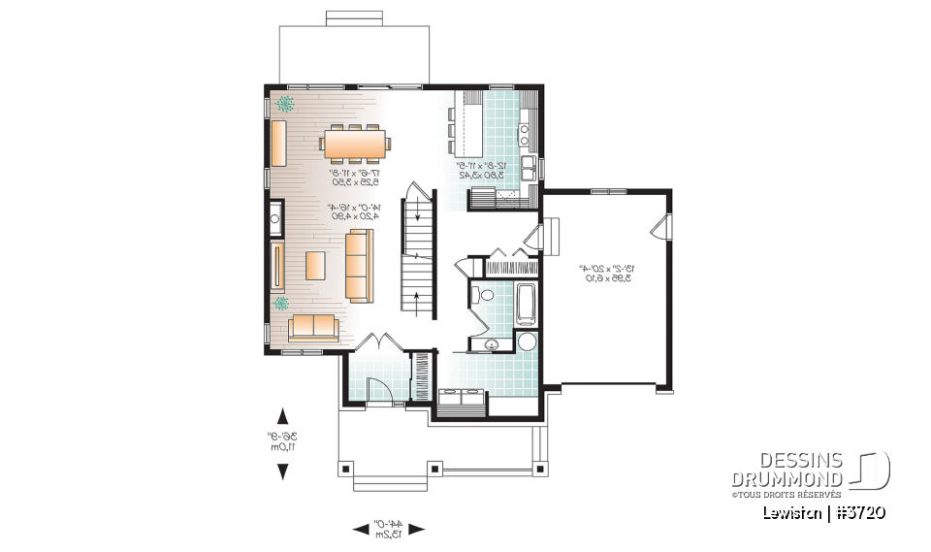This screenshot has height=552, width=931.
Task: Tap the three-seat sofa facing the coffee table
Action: pyautogui.click(x=358, y=265)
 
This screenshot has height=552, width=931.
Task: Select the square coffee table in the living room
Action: pyautogui.click(x=316, y=265)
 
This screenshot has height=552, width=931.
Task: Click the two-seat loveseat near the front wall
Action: pyautogui.click(x=311, y=328)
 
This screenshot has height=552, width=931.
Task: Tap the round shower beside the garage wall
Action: pyautogui.click(x=527, y=341)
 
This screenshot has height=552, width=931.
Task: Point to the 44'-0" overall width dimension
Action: pyautogui.click(x=388, y=529)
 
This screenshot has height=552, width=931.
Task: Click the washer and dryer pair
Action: pyautogui.click(x=461, y=396)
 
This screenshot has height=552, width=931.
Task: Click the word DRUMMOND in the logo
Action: pyautogui.click(x=787, y=478)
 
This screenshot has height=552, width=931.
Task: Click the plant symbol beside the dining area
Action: pyautogui.click(x=287, y=103)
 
